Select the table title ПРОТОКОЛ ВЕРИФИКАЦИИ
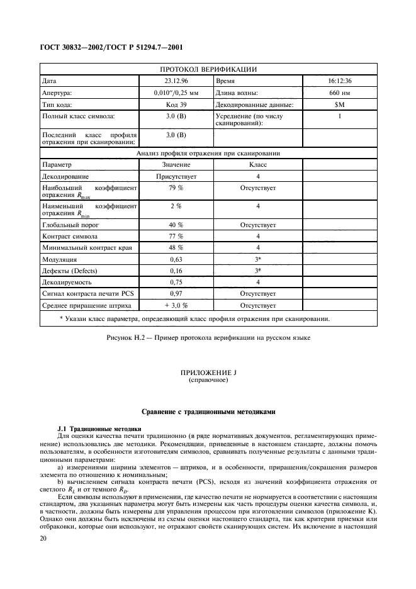click(208, 69)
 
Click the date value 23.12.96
click(176, 81)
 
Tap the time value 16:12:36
click(339, 81)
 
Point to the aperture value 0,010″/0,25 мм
click(176, 93)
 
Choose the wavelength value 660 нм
click(339, 93)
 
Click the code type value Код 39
click(176, 105)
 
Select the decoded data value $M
click(339, 105)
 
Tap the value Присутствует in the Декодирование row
click(176, 177)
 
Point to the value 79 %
click(176, 188)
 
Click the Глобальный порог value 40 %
click(176, 225)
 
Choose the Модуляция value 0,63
click(176, 259)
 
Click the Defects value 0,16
click(176, 271)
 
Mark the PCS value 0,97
click(176, 294)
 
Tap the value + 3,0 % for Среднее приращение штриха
click(176, 306)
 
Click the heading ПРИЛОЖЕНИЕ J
click(208, 373)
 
